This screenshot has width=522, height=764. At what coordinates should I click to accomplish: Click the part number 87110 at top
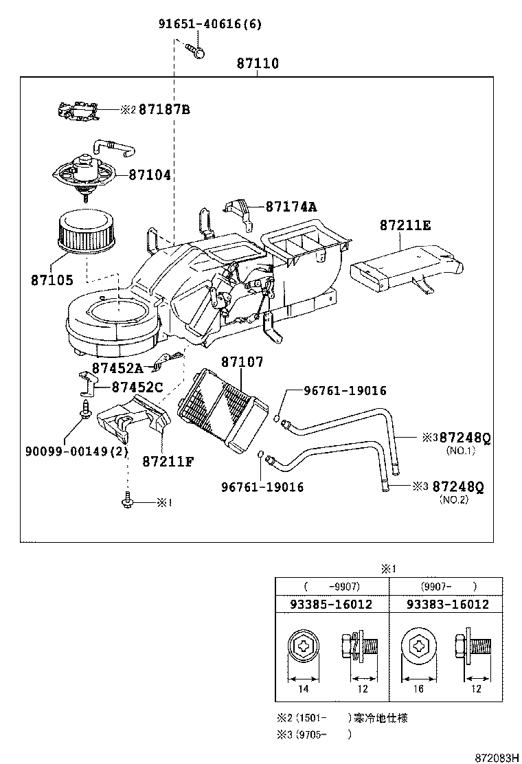[x=258, y=64]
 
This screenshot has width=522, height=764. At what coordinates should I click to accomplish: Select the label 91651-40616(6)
[x=210, y=25]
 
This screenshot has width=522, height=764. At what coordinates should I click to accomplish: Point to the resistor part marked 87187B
[x=77, y=109]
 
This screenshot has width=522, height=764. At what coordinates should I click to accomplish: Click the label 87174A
[x=291, y=206]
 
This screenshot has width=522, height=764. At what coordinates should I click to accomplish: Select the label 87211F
[x=168, y=460]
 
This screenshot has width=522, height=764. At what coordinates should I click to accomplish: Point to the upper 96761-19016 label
[x=345, y=391]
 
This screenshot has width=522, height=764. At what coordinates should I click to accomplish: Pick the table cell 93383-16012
[x=448, y=605]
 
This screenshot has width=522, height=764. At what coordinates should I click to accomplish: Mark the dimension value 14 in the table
[x=303, y=689]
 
